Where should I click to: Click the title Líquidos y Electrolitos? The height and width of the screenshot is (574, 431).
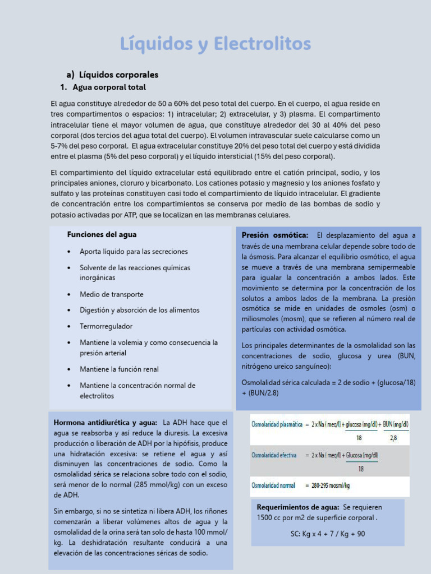pyautogui.click(x=215, y=44)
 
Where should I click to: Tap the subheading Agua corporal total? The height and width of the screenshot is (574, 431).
pyautogui.click(x=109, y=87)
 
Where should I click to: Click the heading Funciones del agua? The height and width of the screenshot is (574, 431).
pyautogui.click(x=102, y=235)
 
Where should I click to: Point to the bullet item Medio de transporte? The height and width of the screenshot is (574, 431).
pyautogui.click(x=111, y=294)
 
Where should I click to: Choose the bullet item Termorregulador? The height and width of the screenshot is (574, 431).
pyautogui.click(x=106, y=326)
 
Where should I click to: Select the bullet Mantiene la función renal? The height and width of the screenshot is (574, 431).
pyautogui.click(x=119, y=369)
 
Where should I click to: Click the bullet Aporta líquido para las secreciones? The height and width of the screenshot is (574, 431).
pyautogui.click(x=134, y=252)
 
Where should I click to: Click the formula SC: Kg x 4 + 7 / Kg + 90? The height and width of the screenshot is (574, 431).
pyautogui.click(x=328, y=534)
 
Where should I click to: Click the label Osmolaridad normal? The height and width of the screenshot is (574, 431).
pyautogui.click(x=272, y=485)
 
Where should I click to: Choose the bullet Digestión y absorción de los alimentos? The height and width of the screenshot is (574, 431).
pyautogui.click(x=139, y=311)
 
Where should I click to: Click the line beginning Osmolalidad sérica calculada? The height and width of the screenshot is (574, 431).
pyautogui.click(x=328, y=382)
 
